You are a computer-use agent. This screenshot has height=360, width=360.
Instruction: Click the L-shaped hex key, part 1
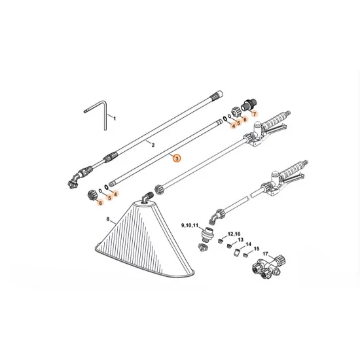tap(100, 117)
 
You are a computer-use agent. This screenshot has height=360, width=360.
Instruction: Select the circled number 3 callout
tap(175, 157)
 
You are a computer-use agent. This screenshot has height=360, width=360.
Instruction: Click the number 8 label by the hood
tap(110, 221)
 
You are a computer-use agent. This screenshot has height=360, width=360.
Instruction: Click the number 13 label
tap(240, 241)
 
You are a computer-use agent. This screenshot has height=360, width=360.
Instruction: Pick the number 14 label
tap(247, 243)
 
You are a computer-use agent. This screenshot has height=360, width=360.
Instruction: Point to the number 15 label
tap(257, 249)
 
